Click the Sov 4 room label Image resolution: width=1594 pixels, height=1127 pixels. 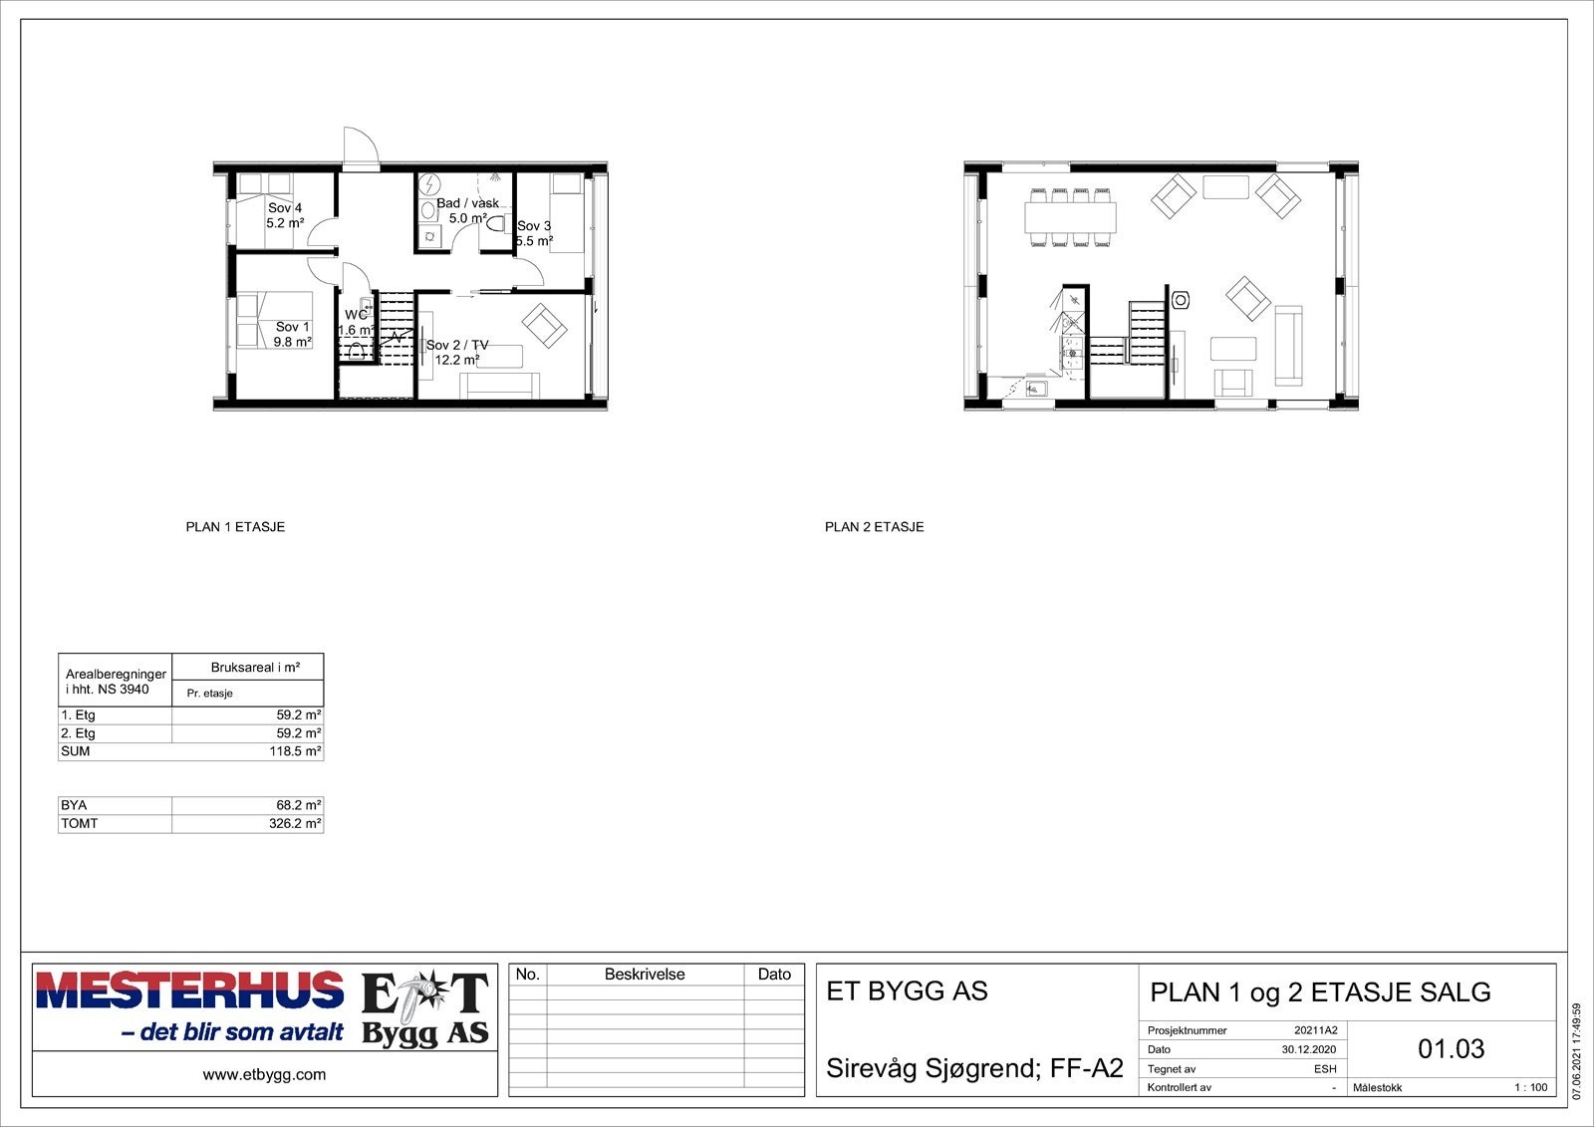pos(285,207)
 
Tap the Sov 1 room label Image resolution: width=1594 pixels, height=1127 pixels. pos(293,327)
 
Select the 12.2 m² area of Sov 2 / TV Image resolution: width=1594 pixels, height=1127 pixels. pos(457,360)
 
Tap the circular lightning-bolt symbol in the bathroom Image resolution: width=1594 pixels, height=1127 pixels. pos(430,184)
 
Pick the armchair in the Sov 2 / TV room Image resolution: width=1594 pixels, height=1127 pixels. pos(544,324)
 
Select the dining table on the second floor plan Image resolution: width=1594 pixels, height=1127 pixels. pos(1070,216)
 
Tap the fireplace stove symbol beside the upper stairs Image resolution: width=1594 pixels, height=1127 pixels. pos(1182,299)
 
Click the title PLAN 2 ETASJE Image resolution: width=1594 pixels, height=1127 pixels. pos(874,527)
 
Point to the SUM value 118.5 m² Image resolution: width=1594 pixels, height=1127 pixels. pos(295,751)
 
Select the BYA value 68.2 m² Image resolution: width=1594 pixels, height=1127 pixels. pos(298,805)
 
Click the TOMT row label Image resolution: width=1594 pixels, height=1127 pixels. pos(80,824)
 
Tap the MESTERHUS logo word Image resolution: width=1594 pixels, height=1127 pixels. pos(189,990)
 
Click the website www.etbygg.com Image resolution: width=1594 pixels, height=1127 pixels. pos(264,1074)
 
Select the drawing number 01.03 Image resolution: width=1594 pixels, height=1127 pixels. pos(1451,1048)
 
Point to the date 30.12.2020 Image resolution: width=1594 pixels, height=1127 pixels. pos(1309,1049)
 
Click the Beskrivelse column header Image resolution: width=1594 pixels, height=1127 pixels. pos(645,975)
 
